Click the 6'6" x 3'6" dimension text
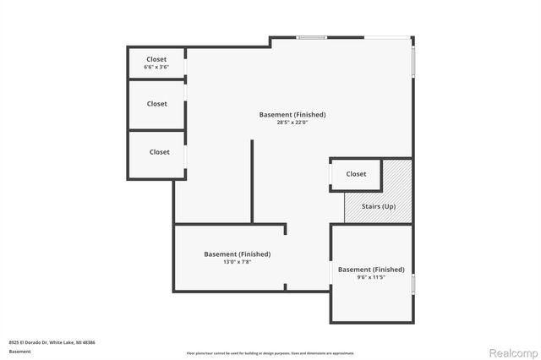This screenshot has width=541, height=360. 156,67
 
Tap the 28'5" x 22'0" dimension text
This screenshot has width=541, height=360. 292,123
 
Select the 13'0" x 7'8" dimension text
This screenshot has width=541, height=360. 237,262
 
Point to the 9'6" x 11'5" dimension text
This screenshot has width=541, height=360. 371,277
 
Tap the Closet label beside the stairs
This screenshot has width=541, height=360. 356,174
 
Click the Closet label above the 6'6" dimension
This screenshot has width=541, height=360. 156,59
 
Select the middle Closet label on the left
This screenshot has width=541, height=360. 156,104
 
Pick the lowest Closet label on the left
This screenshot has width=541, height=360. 159,152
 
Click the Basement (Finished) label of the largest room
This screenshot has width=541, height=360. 292,114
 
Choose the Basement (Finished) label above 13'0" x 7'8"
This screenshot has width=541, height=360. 237,254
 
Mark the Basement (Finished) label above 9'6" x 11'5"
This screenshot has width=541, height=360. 371,270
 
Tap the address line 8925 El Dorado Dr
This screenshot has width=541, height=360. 52,342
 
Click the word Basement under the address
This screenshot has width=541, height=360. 19,351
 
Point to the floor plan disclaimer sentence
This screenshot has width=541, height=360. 270,352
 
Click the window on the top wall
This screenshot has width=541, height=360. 311,37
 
